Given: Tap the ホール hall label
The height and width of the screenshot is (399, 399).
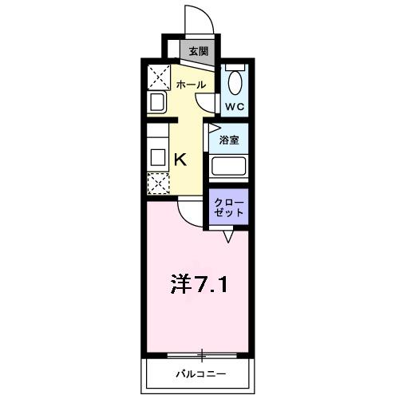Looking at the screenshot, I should pos(191,85).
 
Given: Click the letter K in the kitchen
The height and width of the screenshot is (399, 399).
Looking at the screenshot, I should pos(181,158).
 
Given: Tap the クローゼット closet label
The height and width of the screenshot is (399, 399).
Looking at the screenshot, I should pos(229,208).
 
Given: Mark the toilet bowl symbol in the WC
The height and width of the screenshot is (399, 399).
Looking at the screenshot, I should pos(234,82).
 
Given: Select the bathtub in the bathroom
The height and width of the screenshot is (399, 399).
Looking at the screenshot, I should pos(229,168).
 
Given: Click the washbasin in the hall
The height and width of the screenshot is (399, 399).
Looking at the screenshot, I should pos(156,102).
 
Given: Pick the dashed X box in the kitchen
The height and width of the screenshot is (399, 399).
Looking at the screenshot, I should pos(157,183).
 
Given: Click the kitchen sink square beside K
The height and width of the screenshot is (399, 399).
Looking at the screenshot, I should pos(157,157).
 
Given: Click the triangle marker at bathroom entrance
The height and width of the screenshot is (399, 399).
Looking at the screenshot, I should pos(212,127).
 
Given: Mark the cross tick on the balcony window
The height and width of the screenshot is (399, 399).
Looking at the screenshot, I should pos(203,354).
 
